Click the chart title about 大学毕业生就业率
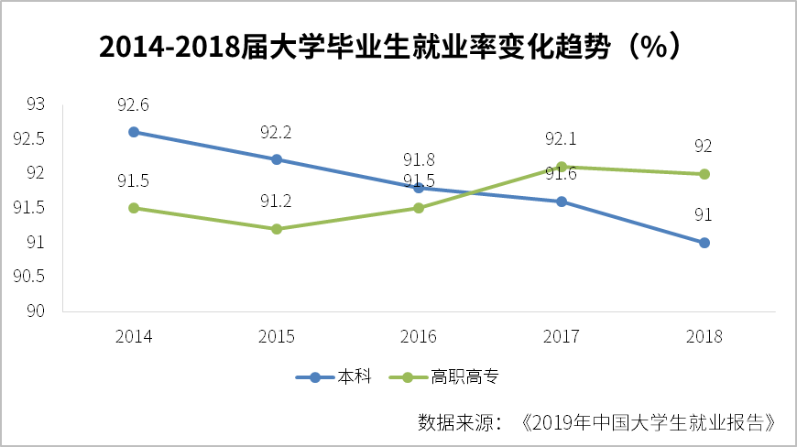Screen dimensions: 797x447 pyautogui.click(x=389, y=47)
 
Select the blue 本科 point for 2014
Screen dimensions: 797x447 pyautogui.click(x=134, y=132)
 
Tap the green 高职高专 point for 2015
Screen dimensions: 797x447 pyautogui.click(x=277, y=229)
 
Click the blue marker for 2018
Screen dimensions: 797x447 pyautogui.click(x=704, y=243)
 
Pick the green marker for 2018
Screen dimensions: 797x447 pyautogui.click(x=704, y=174)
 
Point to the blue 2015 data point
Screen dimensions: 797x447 pyautogui.click(x=277, y=159)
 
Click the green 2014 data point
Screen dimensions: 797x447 pyautogui.click(x=134, y=208)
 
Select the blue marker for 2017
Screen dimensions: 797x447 pyautogui.click(x=562, y=202)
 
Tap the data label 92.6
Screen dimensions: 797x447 pyautogui.click(x=133, y=104)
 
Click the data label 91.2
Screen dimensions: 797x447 pyautogui.click(x=276, y=202)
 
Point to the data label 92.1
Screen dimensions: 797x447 pyautogui.click(x=561, y=138)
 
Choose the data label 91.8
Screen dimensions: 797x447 pyautogui.click(x=419, y=159)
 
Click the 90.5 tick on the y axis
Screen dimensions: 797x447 pyautogui.click(x=29, y=277)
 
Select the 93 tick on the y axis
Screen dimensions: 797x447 pyautogui.click(x=36, y=104)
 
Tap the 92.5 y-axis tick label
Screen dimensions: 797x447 pyautogui.click(x=29, y=138)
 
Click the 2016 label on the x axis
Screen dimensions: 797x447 pyautogui.click(x=419, y=336)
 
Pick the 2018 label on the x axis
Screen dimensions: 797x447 pyautogui.click(x=704, y=336)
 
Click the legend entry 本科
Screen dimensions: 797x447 pyautogui.click(x=334, y=376)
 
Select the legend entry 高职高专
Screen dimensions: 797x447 pyautogui.click(x=443, y=376)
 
